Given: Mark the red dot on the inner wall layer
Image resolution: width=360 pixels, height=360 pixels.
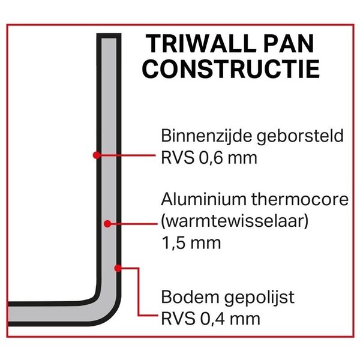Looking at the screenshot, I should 96,155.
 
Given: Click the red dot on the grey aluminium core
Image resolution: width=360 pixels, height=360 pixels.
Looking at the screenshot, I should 107,223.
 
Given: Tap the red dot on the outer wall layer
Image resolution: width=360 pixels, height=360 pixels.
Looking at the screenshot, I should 118,267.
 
